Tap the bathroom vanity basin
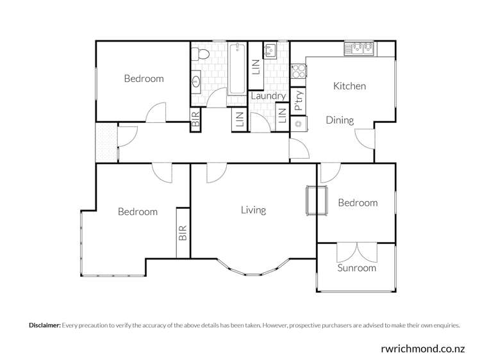pyautogui.click(x=195, y=82)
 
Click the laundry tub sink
pyautogui.click(x=269, y=50)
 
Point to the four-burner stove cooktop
pyautogui.click(x=298, y=72)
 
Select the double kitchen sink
pyautogui.click(x=360, y=48)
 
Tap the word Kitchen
pyautogui.click(x=349, y=86)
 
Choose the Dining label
pyautogui.click(x=340, y=120)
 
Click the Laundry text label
pyautogui.click(x=268, y=96)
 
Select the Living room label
pyautogui.click(x=253, y=209)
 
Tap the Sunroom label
pyautogui.click(x=357, y=268)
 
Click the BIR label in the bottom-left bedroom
pyautogui.click(x=183, y=233)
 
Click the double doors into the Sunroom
pyautogui.click(x=356, y=251)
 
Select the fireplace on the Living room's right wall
pyautogui.click(x=312, y=201)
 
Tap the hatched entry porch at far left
pyautogui.click(x=106, y=142)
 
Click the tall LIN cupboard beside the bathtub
pyautogui.click(x=255, y=65)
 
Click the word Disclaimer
pyautogui.click(x=44, y=325)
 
